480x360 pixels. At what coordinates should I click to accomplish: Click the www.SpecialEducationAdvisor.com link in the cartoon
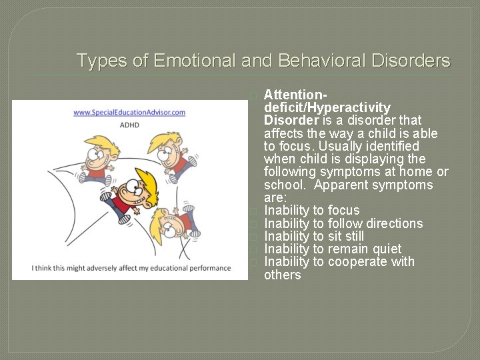[129, 112]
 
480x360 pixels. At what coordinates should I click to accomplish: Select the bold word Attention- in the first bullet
[295, 95]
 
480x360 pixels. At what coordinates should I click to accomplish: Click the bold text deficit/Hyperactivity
[327, 107]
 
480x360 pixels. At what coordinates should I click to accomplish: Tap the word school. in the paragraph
[285, 185]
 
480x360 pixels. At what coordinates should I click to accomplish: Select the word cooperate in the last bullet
[359, 261]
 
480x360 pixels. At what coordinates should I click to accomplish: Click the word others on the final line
[283, 275]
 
